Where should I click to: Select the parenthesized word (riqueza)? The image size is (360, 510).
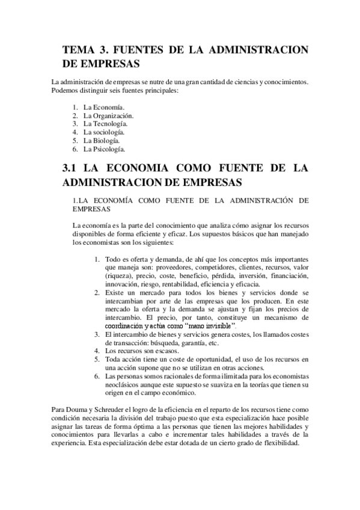tap(118, 275)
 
